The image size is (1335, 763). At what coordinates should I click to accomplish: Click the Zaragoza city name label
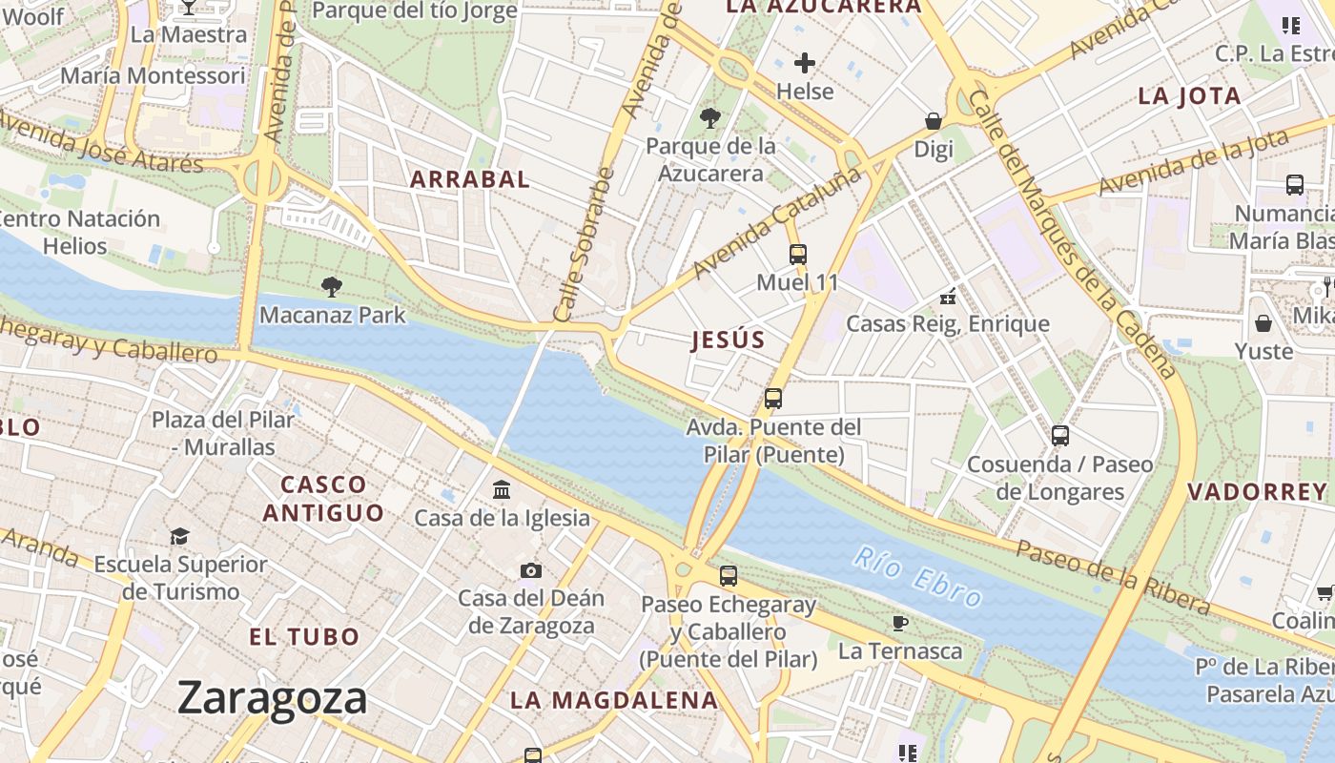(273, 698)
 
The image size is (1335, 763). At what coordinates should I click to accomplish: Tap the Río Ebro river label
(917, 576)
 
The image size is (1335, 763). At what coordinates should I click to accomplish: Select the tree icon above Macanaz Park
(332, 285)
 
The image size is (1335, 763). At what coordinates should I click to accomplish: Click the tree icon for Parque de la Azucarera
(709, 118)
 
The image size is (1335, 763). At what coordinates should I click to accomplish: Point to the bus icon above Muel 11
(798, 254)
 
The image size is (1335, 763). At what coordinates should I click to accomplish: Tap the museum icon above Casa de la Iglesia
(502, 490)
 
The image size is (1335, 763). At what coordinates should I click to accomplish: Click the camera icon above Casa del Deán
(531, 570)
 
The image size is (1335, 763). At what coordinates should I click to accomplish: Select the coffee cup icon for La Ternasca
(899, 624)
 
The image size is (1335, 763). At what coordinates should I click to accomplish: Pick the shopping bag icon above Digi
(934, 121)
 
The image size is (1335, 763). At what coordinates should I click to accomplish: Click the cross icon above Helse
(805, 63)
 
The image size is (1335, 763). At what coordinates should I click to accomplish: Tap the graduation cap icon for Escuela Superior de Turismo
(180, 536)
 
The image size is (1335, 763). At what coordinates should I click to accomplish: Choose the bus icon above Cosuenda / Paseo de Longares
(1059, 436)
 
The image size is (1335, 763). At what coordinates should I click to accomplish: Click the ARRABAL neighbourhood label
(470, 179)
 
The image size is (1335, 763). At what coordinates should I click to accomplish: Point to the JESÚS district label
(729, 340)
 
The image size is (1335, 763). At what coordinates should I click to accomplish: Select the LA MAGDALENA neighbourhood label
(614, 700)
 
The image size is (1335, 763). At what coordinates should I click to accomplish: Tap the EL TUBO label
(304, 636)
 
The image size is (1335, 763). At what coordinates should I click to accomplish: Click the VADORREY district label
(1257, 492)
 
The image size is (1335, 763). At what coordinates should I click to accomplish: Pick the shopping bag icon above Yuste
(1263, 323)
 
